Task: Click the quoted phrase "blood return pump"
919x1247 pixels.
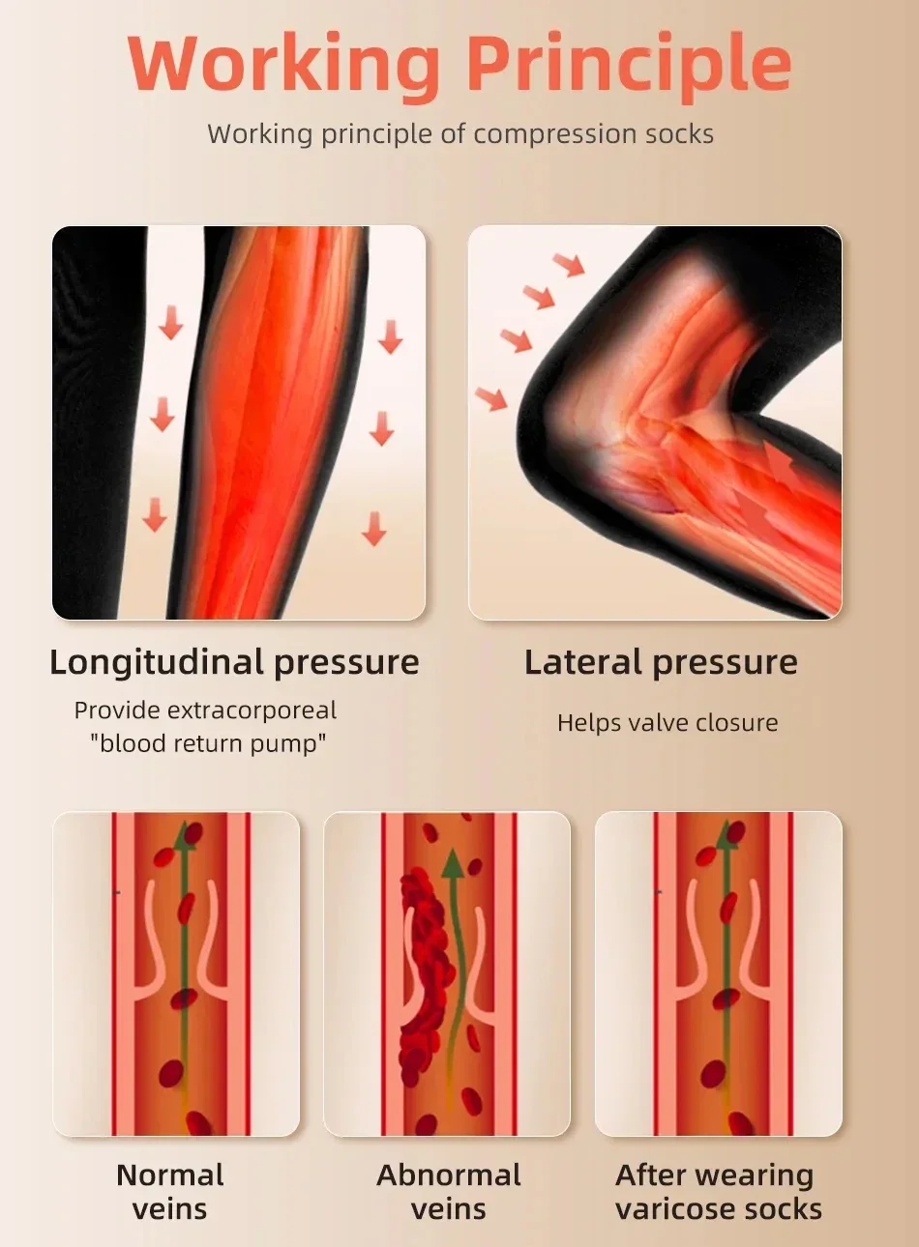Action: point(208,743)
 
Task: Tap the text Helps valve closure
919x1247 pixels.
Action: point(667,722)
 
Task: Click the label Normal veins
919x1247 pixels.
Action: point(170,1191)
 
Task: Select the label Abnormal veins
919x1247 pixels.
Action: point(448,1191)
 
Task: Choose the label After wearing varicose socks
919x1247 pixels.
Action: point(718,1191)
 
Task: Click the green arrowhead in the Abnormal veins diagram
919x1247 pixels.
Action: point(453,863)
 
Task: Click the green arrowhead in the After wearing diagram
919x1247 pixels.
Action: point(726,834)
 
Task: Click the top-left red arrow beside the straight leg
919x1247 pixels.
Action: point(171,322)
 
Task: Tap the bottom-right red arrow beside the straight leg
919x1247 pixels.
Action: point(374,529)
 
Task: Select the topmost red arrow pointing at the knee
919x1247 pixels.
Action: point(570,263)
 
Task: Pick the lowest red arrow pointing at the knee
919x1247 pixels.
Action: point(491,397)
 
